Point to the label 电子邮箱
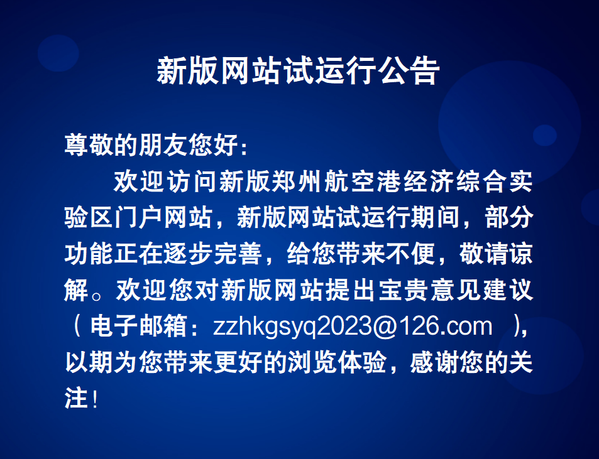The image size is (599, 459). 138,327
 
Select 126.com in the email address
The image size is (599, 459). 445,327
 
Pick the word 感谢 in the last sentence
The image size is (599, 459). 435,362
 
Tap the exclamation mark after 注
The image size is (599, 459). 95,398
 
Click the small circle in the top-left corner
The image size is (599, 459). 58,53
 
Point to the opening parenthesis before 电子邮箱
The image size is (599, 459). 77,327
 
